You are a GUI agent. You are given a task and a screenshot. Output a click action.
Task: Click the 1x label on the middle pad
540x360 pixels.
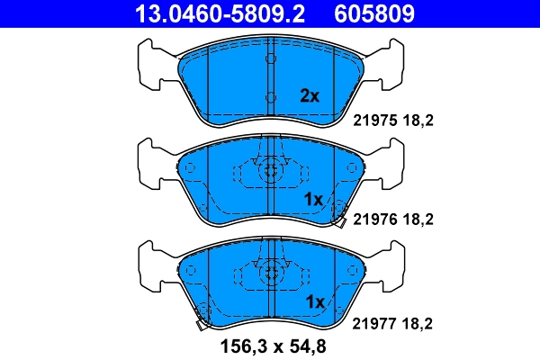313,199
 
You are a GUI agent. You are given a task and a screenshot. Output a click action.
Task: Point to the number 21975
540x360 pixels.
371,118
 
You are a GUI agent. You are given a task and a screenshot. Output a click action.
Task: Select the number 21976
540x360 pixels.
371,218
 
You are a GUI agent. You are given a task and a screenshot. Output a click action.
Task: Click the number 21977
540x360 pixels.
371,322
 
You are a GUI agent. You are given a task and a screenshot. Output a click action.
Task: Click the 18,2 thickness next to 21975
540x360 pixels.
423,118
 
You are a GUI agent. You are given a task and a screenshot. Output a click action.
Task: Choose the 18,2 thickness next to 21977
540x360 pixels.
423,322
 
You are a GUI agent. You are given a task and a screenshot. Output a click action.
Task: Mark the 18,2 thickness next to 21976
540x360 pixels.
423,218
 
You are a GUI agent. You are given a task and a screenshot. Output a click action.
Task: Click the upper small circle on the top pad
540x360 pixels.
269,58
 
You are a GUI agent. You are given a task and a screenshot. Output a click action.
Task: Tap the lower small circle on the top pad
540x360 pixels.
269,96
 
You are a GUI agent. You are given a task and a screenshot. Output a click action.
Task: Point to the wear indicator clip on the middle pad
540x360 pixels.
340,217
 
